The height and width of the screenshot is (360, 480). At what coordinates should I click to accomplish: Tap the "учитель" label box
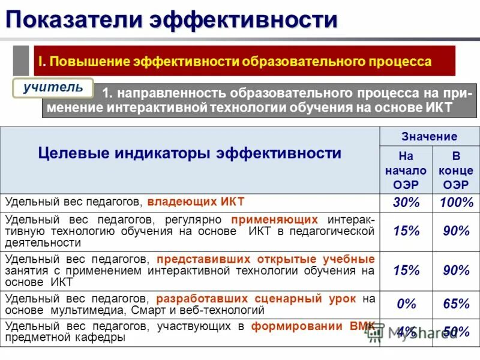[53, 88]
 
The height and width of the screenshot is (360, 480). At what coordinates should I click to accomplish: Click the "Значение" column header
[430, 137]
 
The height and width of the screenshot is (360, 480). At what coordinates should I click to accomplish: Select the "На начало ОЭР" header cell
[406, 170]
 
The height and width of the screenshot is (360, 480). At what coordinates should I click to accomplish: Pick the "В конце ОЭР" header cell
[455, 170]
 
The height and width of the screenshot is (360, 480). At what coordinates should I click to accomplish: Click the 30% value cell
[406, 203]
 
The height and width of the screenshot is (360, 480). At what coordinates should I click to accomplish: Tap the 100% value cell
[456, 203]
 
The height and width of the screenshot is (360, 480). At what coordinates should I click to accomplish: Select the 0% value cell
[406, 304]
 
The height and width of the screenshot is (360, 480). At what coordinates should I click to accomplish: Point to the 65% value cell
[456, 304]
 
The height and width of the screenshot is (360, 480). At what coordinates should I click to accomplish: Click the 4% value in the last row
[406, 332]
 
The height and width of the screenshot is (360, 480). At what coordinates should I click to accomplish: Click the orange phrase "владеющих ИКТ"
[196, 202]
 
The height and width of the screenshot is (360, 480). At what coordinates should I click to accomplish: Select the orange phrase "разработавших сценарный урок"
[256, 298]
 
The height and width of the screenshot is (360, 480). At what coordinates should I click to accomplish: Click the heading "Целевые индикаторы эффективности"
[190, 153]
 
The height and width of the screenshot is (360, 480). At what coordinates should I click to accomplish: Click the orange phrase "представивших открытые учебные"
[265, 259]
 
